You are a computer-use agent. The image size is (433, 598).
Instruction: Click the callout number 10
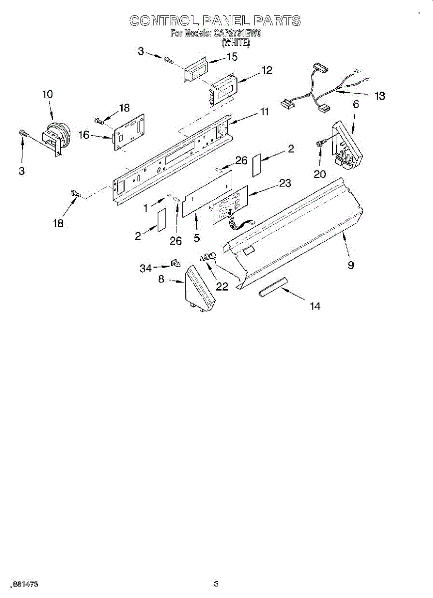click(47, 94)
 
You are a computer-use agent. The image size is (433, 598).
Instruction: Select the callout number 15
click(232, 57)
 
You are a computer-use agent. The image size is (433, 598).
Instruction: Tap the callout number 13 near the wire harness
click(380, 96)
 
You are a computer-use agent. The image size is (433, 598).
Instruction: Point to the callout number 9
click(351, 265)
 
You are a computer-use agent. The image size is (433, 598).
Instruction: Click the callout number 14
click(315, 306)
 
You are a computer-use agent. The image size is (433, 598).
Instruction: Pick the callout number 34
click(145, 269)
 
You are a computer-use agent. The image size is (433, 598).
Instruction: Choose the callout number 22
click(222, 286)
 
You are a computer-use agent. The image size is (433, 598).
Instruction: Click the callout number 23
click(285, 183)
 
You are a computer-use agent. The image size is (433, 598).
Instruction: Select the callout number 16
click(83, 135)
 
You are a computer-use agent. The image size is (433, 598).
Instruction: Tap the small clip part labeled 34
click(175, 262)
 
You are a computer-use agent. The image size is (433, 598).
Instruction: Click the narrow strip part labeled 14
click(273, 288)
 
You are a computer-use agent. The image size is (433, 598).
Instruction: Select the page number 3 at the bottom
click(216, 584)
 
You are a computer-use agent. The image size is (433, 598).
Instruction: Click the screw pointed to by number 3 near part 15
click(168, 61)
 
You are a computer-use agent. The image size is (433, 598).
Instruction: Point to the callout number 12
click(267, 70)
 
